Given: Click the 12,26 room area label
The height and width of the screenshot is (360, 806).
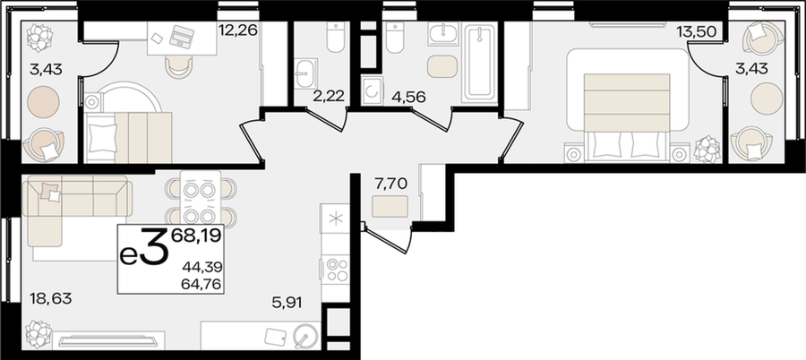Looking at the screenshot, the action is tap(237, 30).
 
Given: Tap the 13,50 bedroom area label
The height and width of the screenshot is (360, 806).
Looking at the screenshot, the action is tap(696, 32).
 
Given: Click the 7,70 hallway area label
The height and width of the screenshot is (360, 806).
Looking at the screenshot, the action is tap(390, 182).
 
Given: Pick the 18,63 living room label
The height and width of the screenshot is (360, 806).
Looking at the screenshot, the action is tap(50, 298).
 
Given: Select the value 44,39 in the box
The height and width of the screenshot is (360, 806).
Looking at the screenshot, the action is tap(202, 267).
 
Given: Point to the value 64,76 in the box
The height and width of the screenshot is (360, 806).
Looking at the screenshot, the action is tap(202, 283).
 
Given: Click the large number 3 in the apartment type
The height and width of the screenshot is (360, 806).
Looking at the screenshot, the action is tap(155, 248).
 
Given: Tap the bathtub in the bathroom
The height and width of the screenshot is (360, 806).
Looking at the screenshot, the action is tap(480, 63).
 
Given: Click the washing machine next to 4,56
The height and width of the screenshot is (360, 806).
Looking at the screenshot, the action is tap(370, 91).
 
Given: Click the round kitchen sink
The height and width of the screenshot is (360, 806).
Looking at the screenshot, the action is tap(304, 337).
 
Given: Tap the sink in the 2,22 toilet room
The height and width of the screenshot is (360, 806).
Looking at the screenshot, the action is tap(306, 73).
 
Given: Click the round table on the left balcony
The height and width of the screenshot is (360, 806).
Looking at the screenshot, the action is tap(43, 102).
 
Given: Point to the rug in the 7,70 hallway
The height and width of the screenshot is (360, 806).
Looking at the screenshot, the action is tap(390, 206).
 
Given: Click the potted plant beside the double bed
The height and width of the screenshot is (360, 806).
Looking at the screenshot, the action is tap(707, 150).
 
